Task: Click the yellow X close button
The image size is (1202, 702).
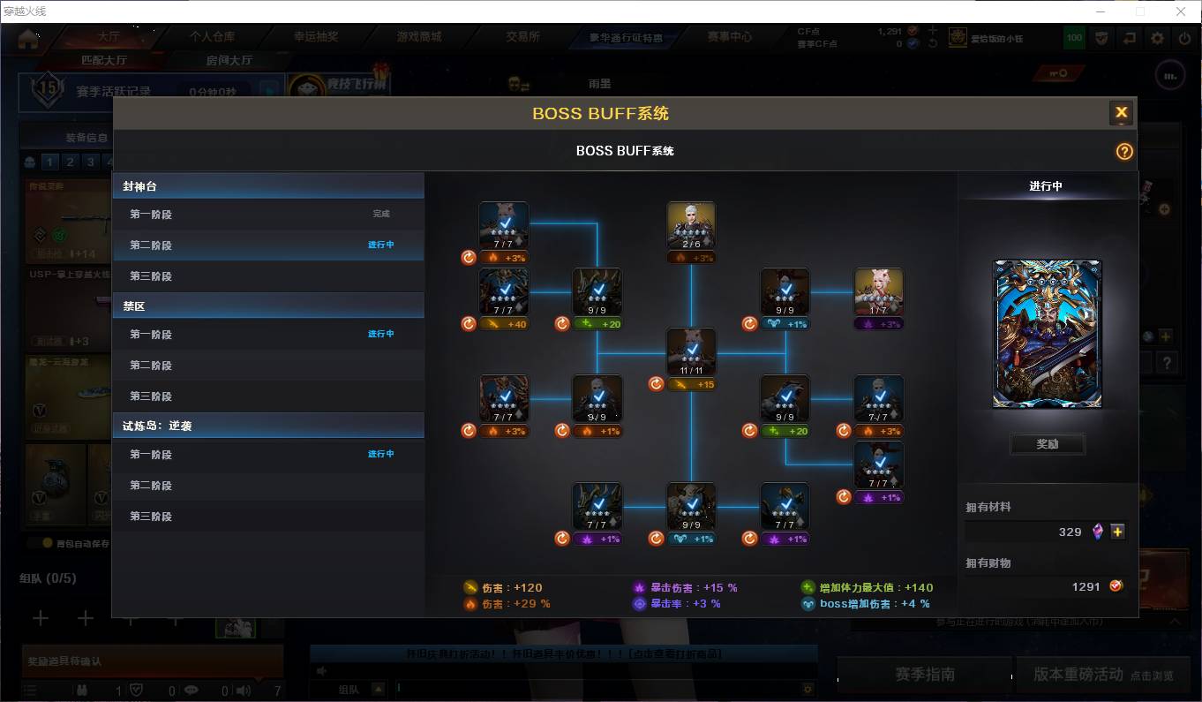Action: [1121, 112]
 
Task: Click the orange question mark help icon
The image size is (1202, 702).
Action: [1123, 151]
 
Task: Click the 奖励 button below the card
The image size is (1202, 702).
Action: [1047, 444]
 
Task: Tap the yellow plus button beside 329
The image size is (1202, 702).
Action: [1117, 532]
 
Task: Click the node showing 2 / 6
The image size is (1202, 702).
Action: [691, 225]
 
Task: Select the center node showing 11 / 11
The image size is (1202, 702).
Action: [691, 352]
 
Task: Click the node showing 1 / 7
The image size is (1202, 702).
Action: [878, 291]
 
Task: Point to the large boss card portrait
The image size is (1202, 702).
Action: [1048, 334]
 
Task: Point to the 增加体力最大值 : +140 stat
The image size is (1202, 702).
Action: [867, 587]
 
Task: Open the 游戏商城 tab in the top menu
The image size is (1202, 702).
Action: [419, 37]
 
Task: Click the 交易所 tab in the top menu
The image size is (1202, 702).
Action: [522, 37]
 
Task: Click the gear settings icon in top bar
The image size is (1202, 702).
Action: [1157, 38]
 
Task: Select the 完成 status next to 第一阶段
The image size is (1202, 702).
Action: [380, 214]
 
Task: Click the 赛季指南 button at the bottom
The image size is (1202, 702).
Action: [924, 674]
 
